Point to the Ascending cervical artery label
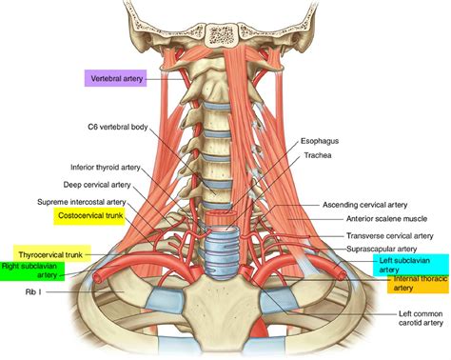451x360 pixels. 375,204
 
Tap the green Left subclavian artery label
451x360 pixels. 407,265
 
